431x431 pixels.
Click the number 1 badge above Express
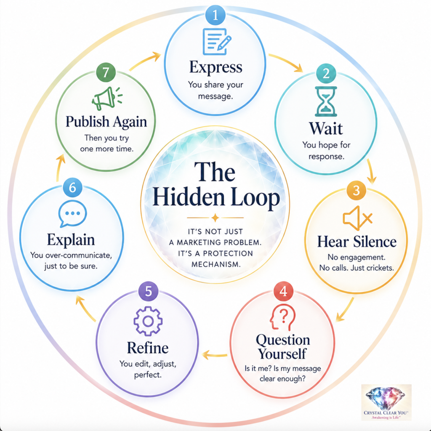215,15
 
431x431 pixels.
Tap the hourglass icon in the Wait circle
326,101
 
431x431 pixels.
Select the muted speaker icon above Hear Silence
357,218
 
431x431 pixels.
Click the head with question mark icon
282,317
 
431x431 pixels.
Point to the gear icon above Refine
148,321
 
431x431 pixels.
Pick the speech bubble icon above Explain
72,213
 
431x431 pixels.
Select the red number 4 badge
283,291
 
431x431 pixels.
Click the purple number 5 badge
149,291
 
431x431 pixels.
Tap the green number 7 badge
106,72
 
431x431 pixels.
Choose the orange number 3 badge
356,191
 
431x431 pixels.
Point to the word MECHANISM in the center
216,264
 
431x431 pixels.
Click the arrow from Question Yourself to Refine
215,355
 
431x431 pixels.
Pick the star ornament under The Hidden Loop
215,218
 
